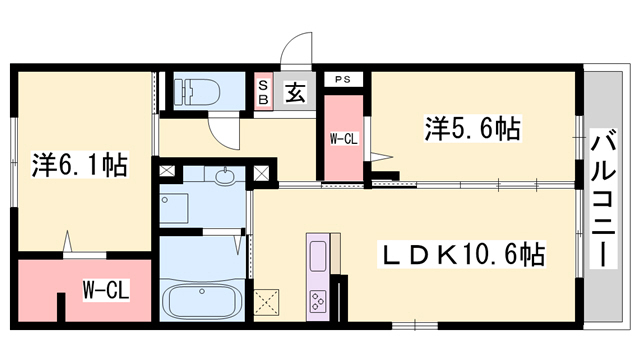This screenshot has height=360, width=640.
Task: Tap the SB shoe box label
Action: (264, 92)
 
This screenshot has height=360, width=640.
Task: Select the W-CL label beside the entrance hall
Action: (344, 139)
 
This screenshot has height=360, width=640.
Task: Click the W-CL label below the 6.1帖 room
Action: (103, 293)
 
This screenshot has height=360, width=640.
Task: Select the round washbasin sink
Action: (224, 177)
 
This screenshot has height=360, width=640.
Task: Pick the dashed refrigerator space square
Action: (269, 301)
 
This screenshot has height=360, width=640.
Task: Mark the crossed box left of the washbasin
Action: (167, 172)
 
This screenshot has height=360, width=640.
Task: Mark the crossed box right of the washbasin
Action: (262, 172)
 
